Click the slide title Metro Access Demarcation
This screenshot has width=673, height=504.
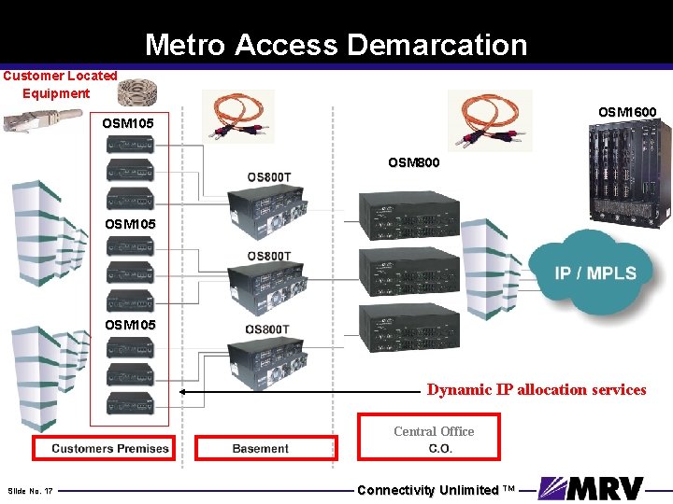pyautogui.click(x=336, y=45)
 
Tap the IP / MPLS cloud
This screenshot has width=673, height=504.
pyautogui.click(x=595, y=273)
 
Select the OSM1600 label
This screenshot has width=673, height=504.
pyautogui.click(x=626, y=112)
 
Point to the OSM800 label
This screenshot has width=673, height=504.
pyautogui.click(x=412, y=162)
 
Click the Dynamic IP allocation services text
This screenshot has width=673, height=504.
pyautogui.click(x=537, y=390)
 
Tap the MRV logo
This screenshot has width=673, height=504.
pyautogui.click(x=592, y=488)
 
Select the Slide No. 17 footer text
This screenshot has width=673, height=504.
pyautogui.click(x=30, y=490)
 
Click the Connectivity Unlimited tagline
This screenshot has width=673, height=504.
pyautogui.click(x=436, y=490)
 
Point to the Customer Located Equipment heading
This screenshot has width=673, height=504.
pyautogui.click(x=59, y=84)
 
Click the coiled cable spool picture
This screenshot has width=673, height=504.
pyautogui.click(x=137, y=90)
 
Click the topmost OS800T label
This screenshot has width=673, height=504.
pyautogui.click(x=268, y=177)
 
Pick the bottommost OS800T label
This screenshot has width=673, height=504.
pyautogui.click(x=268, y=329)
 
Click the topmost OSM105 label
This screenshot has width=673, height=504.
pyautogui.click(x=128, y=123)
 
